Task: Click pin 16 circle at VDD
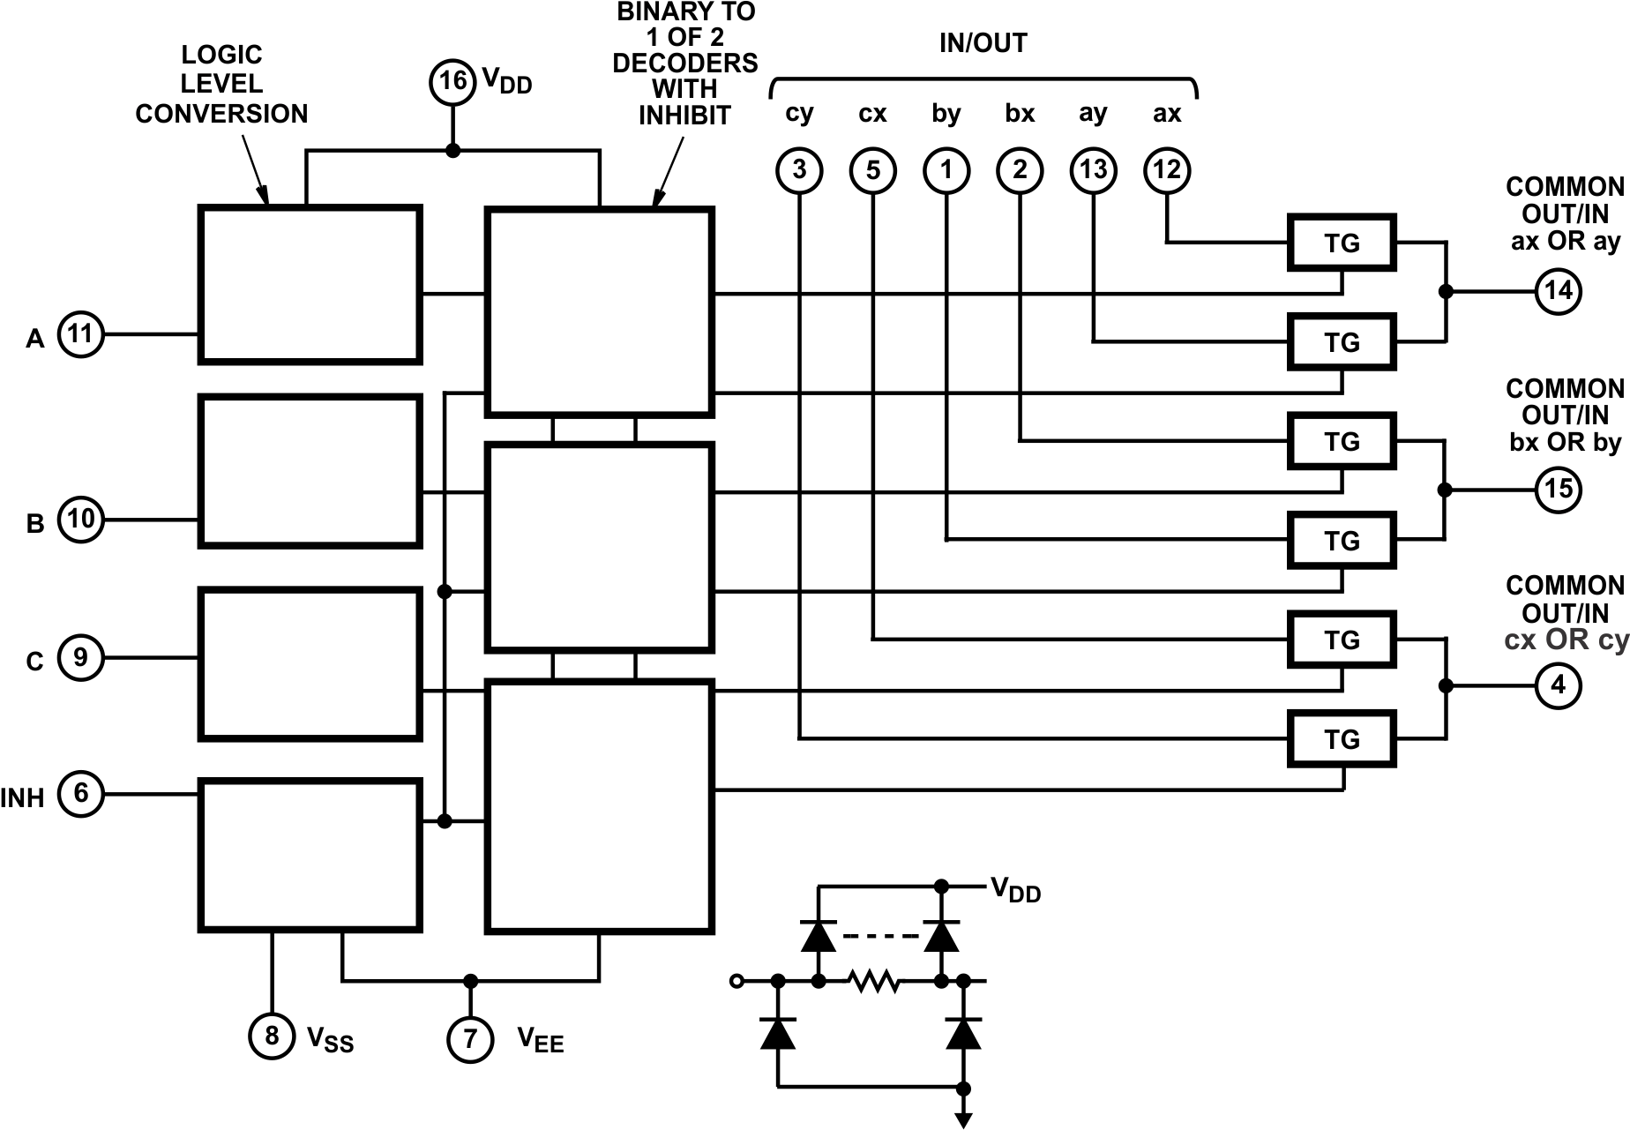pyautogui.click(x=452, y=82)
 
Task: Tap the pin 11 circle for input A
pyautogui.click(x=80, y=334)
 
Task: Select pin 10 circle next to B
pyautogui.click(x=80, y=519)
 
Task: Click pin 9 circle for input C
pyautogui.click(x=80, y=658)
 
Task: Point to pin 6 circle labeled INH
pyautogui.click(x=80, y=794)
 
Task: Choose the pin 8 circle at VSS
pyautogui.click(x=272, y=1036)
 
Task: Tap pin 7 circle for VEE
pyautogui.click(x=470, y=1038)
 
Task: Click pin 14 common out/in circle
pyautogui.click(x=1558, y=291)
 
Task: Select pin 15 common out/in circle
pyautogui.click(x=1558, y=490)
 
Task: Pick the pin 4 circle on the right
pyautogui.click(x=1558, y=685)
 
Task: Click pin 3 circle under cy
pyautogui.click(x=799, y=170)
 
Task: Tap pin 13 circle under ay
pyautogui.click(x=1093, y=170)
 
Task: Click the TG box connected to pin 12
pyautogui.click(x=1342, y=243)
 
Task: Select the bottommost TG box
pyautogui.click(x=1342, y=739)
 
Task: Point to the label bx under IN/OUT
pyautogui.click(x=1020, y=115)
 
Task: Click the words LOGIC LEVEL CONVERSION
pyautogui.click(x=221, y=85)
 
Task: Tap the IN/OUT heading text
pyautogui.click(x=983, y=43)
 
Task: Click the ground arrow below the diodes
pyautogui.click(x=963, y=1119)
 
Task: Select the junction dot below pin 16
pyautogui.click(x=452, y=151)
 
